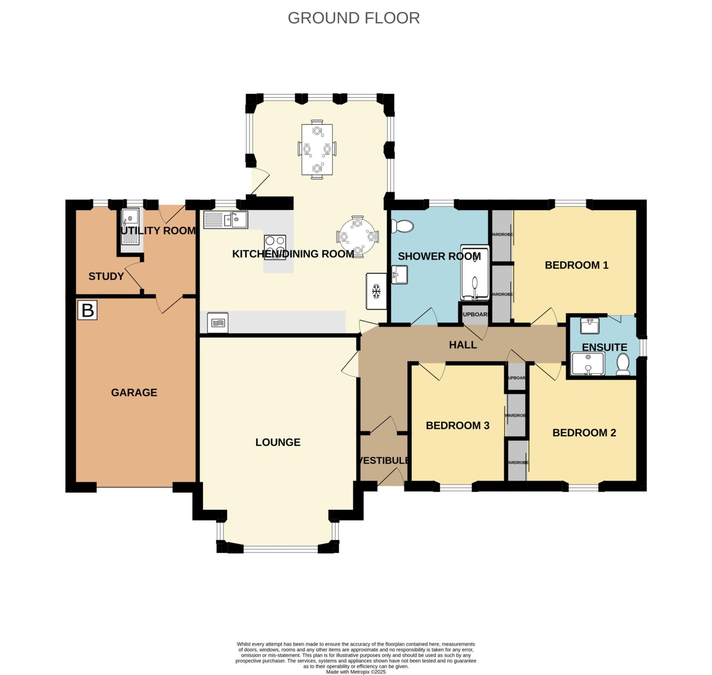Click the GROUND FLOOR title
pyautogui.click(x=354, y=18)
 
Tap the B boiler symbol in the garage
pyautogui.click(x=88, y=311)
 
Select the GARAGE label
pyautogui.click(x=134, y=393)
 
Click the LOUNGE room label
pyautogui.click(x=278, y=443)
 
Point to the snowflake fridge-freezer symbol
pyautogui.click(x=376, y=291)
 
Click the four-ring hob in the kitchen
pyautogui.click(x=275, y=246)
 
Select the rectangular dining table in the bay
pyautogui.click(x=317, y=149)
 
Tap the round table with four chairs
pyautogui.click(x=357, y=236)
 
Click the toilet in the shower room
pyautogui.click(x=402, y=226)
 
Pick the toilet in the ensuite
pyautogui.click(x=623, y=364)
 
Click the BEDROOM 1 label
pyautogui.click(x=577, y=265)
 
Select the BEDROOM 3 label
pyautogui.click(x=457, y=426)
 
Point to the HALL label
pyautogui.click(x=463, y=345)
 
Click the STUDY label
pyautogui.click(x=106, y=276)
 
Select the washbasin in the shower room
pyautogui.click(x=400, y=275)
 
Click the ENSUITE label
pyautogui.click(x=604, y=347)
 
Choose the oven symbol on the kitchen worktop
pyautogui.click(x=218, y=322)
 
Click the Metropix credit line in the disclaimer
pyautogui.click(x=356, y=672)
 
